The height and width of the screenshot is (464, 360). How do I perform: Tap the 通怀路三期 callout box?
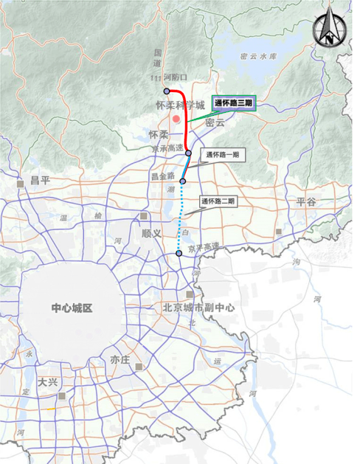click(x=232, y=104)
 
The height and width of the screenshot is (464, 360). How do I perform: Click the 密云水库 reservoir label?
click(x=257, y=57)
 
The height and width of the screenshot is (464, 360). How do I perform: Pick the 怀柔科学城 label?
click(x=180, y=105)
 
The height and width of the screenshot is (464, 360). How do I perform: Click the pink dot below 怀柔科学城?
click(x=176, y=118)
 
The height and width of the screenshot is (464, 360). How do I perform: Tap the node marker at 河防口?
click(x=167, y=91)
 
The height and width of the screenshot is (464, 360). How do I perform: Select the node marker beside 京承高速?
click(x=189, y=153)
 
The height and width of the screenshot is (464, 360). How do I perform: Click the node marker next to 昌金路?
click(x=182, y=180)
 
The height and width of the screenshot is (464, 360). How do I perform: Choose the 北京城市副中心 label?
click(x=190, y=308)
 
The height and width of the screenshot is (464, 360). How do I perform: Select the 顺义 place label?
click(x=150, y=233)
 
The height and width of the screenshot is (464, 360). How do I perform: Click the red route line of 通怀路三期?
click(x=184, y=118)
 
